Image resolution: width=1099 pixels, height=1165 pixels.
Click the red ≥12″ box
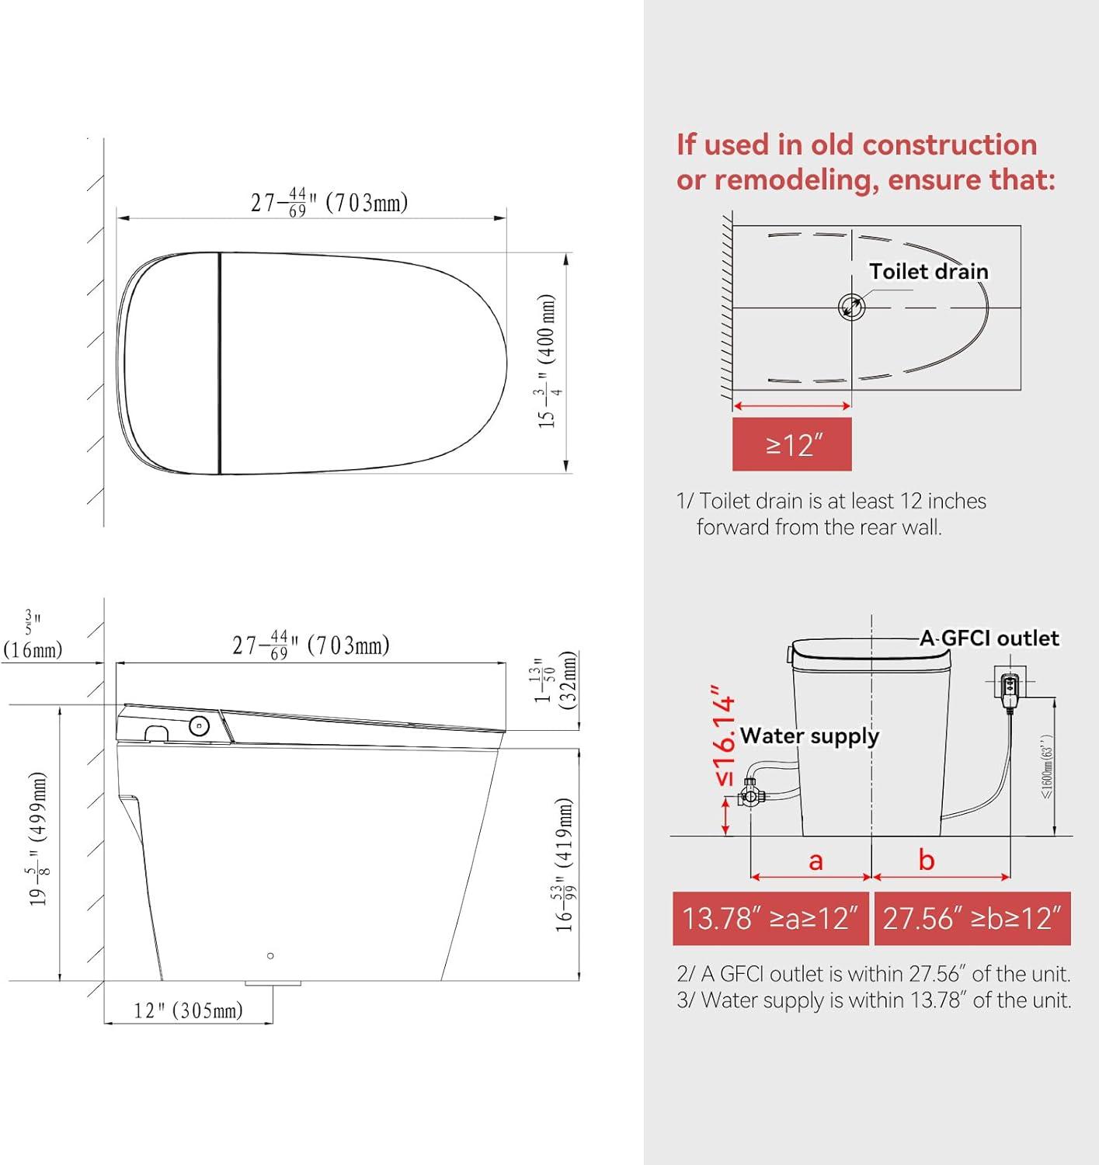(791, 443)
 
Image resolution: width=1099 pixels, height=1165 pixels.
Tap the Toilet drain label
(928, 272)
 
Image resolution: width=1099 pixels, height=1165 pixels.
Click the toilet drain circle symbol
(851, 306)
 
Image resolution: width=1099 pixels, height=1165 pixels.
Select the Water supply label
(809, 736)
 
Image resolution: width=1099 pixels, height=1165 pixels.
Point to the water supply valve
(750, 795)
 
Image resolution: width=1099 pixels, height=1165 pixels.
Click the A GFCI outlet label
(989, 638)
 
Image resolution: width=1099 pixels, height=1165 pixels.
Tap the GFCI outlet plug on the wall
(1010, 684)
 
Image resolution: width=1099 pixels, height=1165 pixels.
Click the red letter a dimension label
(816, 861)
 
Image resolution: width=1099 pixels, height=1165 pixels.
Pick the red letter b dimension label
(926, 860)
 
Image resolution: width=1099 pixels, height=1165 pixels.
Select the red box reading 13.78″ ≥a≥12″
(770, 918)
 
